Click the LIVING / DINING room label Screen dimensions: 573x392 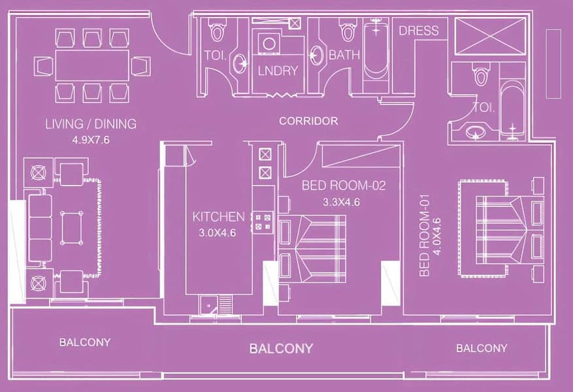tap(91, 124)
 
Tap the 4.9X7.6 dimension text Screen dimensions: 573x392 tap(91, 140)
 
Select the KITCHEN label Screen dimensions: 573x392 tap(218, 217)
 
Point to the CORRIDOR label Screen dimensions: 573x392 tap(308, 121)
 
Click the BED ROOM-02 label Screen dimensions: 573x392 tap(344, 186)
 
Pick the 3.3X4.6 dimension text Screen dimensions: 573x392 tap(341, 202)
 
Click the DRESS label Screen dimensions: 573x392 tap(418, 30)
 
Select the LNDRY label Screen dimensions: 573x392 tap(278, 71)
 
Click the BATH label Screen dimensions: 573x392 tap(344, 55)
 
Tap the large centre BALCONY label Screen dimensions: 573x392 tap(281, 348)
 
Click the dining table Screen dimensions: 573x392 tap(92, 65)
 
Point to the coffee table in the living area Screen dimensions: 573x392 tap(72, 228)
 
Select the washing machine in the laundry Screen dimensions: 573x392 tap(269, 44)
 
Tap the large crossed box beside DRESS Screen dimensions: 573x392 tap(489, 36)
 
